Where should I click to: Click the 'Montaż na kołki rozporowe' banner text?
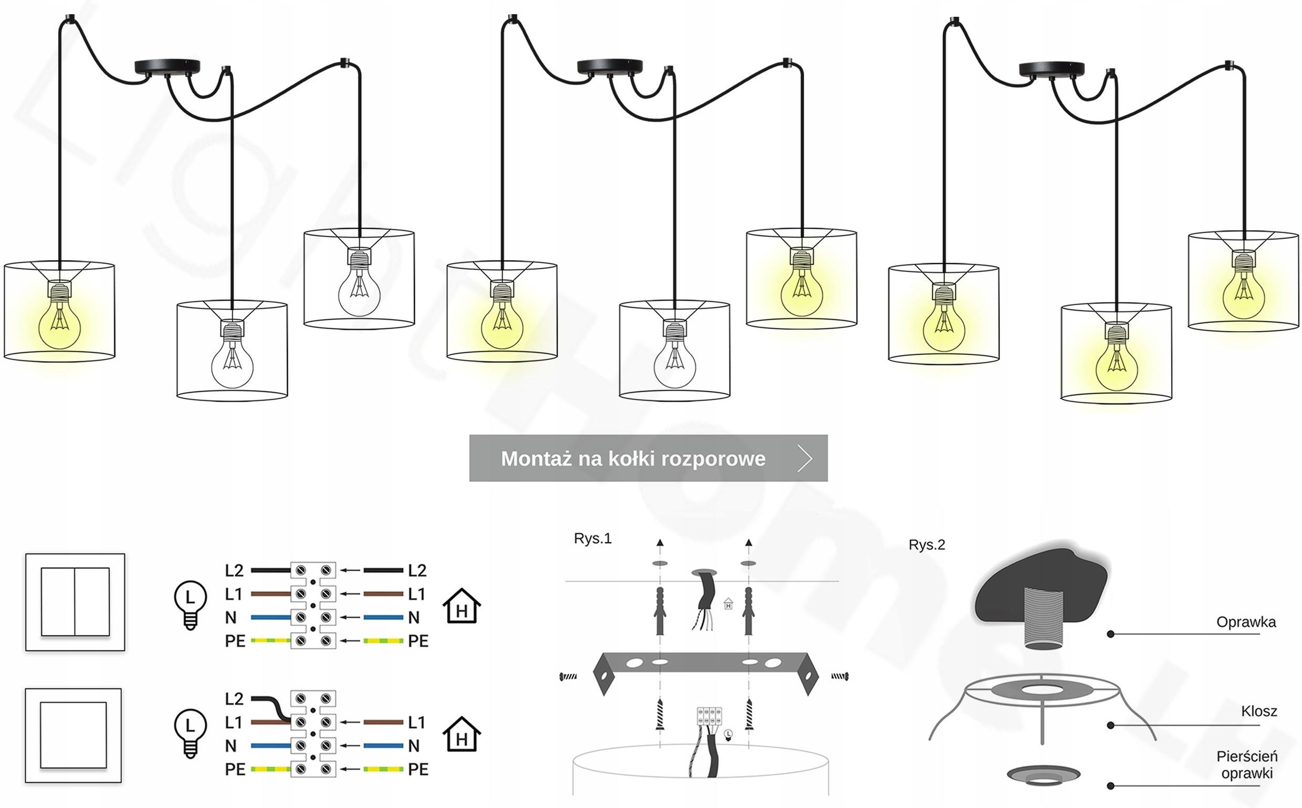click(x=633, y=458)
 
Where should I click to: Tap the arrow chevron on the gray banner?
click(x=805, y=458)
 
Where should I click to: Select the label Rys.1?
click(x=592, y=538)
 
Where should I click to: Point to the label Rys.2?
click(x=927, y=544)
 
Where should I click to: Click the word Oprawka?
click(x=1246, y=622)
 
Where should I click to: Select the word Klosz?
click(x=1259, y=711)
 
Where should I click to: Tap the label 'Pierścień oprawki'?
click(x=1246, y=764)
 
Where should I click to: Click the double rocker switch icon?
click(x=75, y=602)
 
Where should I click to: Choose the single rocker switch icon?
click(x=73, y=736)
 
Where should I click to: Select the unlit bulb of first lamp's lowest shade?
click(x=232, y=364)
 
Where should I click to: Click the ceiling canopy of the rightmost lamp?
click(x=1051, y=69)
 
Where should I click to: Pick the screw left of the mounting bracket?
click(x=568, y=677)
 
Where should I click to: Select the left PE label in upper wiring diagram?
click(x=235, y=641)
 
